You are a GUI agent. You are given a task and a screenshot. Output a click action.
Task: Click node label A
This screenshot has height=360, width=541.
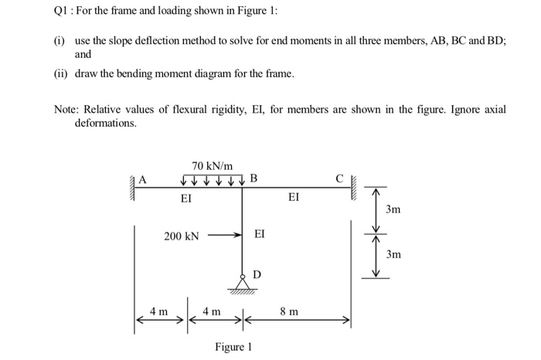pos(141,180)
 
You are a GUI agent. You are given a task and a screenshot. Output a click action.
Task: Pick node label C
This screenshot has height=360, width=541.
pos(339,181)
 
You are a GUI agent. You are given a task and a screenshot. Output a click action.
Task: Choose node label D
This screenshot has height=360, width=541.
pos(257,274)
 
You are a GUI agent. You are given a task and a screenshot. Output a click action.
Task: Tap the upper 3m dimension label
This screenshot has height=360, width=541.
pos(394,209)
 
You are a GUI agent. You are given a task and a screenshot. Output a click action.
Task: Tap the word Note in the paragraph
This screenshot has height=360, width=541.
pos(67,110)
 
